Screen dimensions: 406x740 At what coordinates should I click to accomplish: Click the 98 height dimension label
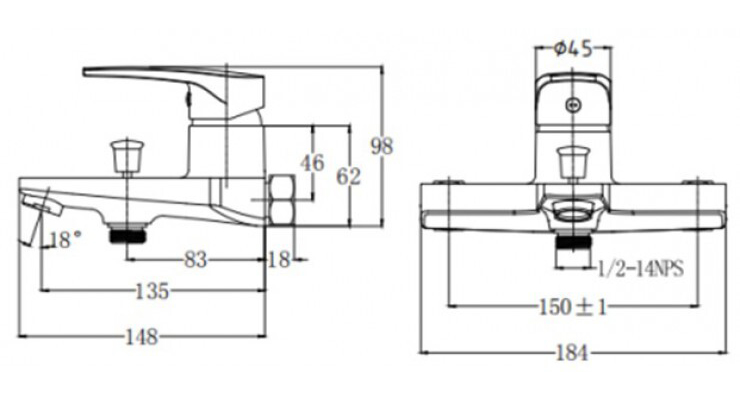(382, 146)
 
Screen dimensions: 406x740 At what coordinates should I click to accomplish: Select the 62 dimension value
(348, 176)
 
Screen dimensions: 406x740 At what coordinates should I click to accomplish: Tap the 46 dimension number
(313, 162)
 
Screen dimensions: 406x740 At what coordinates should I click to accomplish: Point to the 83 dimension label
(196, 259)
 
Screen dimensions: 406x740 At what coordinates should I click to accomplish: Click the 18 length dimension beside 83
(278, 259)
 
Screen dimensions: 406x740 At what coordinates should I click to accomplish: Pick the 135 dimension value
(152, 291)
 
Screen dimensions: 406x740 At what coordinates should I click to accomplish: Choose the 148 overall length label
(142, 336)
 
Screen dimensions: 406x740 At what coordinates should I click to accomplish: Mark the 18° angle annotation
(63, 239)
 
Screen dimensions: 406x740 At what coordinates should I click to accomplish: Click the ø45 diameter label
(572, 46)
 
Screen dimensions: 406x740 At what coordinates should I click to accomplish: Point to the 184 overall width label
(571, 352)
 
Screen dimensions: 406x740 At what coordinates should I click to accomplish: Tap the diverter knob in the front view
(572, 161)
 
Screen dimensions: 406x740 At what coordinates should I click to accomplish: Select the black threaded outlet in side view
(129, 233)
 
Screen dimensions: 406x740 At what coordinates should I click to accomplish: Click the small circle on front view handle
(572, 104)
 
